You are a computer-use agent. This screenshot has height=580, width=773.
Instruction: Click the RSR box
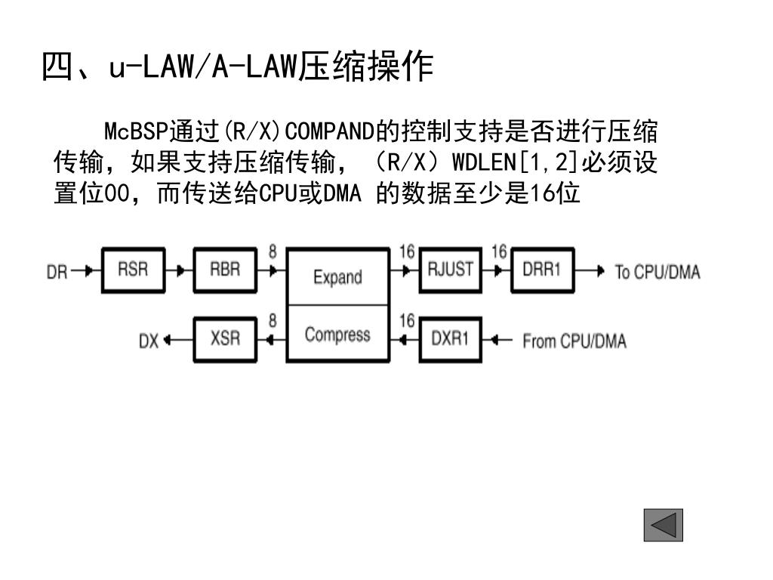(133, 270)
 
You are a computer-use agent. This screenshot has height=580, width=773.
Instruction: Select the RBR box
(224, 270)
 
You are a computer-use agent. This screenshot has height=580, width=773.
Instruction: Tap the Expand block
(337, 277)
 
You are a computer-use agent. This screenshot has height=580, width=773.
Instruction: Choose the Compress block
(337, 334)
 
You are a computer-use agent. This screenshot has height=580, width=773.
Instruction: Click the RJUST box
(451, 270)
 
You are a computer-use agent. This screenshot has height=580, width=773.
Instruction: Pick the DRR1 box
(542, 270)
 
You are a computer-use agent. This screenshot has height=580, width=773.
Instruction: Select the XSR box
(224, 339)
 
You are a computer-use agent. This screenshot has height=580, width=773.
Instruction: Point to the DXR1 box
(450, 339)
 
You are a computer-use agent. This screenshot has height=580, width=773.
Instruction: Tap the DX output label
(148, 341)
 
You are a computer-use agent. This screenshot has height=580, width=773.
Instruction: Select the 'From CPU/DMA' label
(574, 341)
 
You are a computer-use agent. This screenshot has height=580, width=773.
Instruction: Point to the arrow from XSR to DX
(178, 340)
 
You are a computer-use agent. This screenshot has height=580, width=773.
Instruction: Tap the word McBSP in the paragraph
(134, 131)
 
